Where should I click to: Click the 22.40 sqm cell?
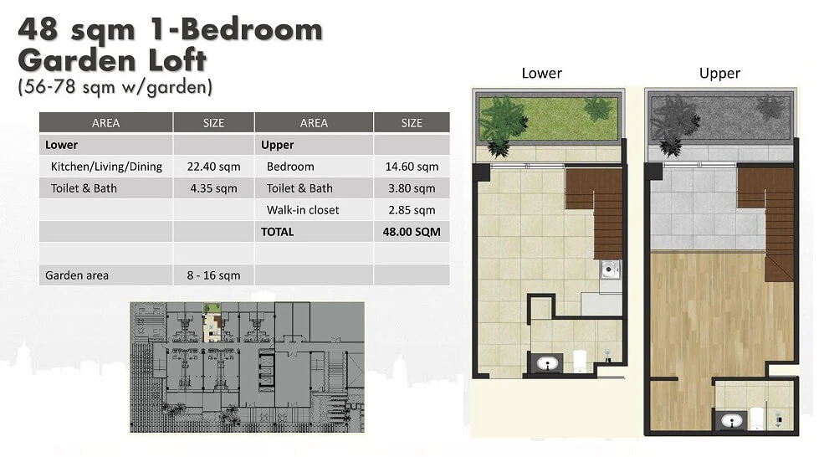pos(213,167)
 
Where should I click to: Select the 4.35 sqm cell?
pos(213,188)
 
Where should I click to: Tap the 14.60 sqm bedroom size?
pos(412,167)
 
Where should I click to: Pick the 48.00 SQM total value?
pos(412,231)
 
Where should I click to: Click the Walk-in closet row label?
pos(303,210)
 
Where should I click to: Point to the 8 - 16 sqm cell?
pos(213,275)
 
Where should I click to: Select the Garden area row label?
pos(77,275)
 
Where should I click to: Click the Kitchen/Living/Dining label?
pos(106,167)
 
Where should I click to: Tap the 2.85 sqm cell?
pos(412,210)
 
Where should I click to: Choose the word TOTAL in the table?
pos(278,231)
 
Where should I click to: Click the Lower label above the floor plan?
pos(542,73)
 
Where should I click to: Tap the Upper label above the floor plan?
pos(719,73)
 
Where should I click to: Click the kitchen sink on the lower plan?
pos(610,270)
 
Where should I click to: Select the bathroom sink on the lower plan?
pos(547,363)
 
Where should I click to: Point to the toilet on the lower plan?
pos(579,361)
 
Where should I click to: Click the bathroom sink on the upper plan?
pos(731,420)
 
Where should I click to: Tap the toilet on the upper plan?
pos(757,418)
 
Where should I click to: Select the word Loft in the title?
pos(177,59)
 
